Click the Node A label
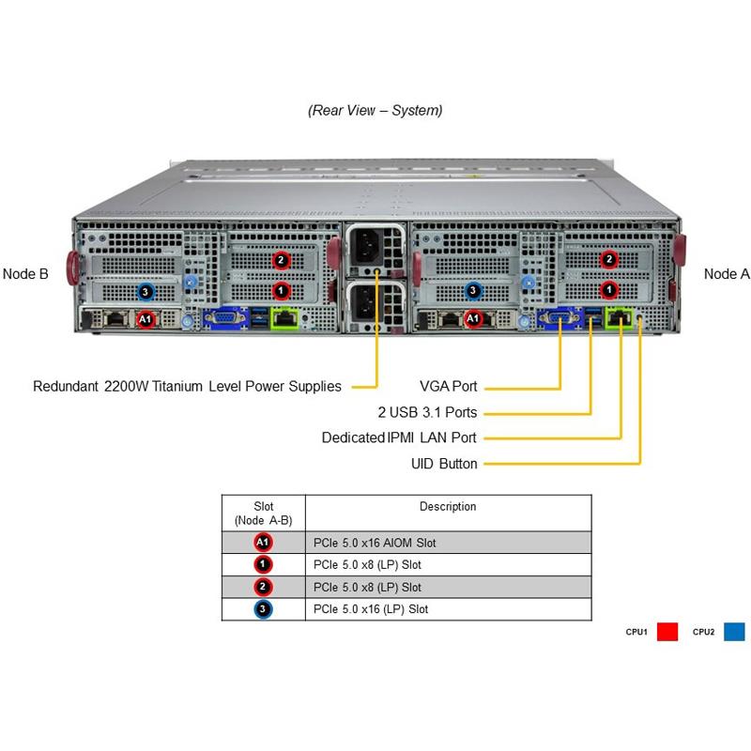click(x=727, y=274)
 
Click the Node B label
click(x=25, y=274)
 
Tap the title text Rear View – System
click(x=375, y=110)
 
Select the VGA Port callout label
click(x=450, y=386)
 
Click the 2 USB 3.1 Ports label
click(x=427, y=412)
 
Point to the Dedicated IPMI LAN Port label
click(x=399, y=437)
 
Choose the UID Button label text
click(x=444, y=464)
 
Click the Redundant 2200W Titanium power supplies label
click(x=187, y=386)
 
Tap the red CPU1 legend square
click(x=667, y=632)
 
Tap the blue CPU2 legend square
click(x=734, y=632)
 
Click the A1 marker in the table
click(x=264, y=543)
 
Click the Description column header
click(x=448, y=507)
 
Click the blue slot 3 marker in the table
click(x=264, y=609)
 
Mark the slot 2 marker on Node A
click(x=608, y=259)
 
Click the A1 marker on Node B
click(x=146, y=320)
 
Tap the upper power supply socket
click(x=375, y=245)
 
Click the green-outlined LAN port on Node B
click(x=285, y=319)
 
